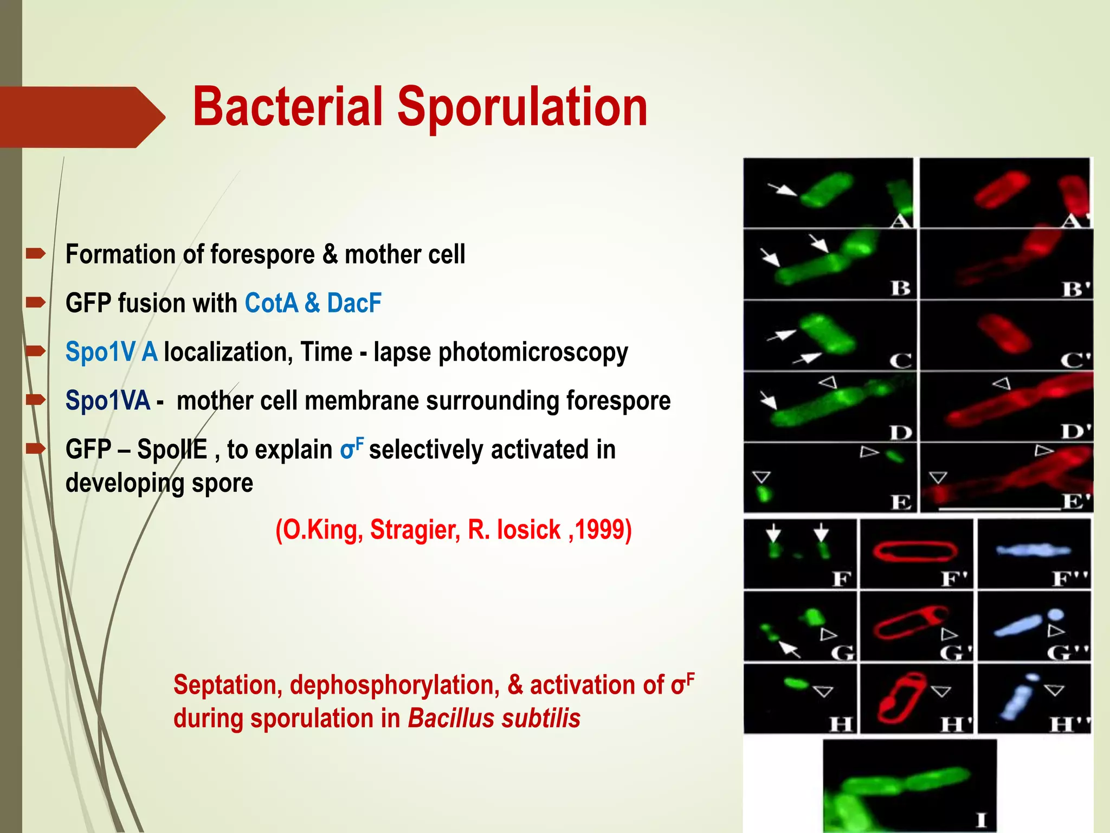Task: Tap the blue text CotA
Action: coord(271,303)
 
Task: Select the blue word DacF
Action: coord(354,303)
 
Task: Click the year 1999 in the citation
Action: coord(599,529)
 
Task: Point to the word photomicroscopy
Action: coord(533,352)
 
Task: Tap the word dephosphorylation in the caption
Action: coord(394,685)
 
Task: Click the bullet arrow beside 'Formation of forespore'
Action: coord(36,253)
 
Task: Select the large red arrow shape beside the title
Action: coord(81,117)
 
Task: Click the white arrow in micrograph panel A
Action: coord(782,189)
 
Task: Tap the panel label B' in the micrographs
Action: coord(1075,289)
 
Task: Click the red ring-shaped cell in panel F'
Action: coord(915,551)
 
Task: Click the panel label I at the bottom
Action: coord(980,819)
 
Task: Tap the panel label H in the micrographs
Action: coord(841,724)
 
